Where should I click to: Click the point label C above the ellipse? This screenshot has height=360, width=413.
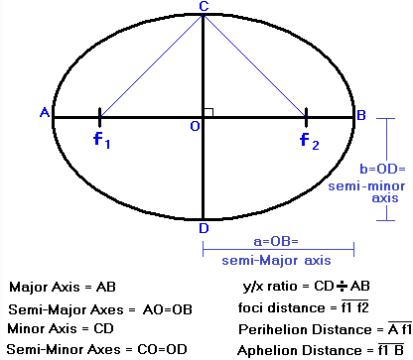pyautogui.click(x=204, y=6)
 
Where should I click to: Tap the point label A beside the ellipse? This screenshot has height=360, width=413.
pyautogui.click(x=45, y=112)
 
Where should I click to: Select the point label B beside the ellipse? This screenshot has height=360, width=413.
pyautogui.click(x=361, y=115)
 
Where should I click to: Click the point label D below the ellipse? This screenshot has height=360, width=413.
pyautogui.click(x=204, y=228)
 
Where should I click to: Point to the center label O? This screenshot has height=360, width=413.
pyautogui.click(x=195, y=126)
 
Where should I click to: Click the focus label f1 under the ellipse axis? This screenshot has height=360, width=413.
pyautogui.click(x=101, y=140)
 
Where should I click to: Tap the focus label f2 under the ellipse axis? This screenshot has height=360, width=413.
pyautogui.click(x=310, y=141)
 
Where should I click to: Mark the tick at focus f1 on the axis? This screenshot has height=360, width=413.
pyautogui.click(x=100, y=117)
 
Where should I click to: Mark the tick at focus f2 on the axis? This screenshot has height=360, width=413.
pyautogui.click(x=306, y=117)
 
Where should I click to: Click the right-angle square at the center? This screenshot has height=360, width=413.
pyautogui.click(x=208, y=112)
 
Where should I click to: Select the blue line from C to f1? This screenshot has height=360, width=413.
pyautogui.click(x=152, y=66)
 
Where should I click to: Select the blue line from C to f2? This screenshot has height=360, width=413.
pyautogui.click(x=254, y=66)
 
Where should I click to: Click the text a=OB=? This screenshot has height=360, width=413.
pyautogui.click(x=276, y=241)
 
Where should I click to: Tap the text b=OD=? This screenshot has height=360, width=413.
pyautogui.click(x=382, y=169)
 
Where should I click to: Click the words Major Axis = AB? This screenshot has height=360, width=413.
pyautogui.click(x=63, y=287)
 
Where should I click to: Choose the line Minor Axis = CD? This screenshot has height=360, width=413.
pyautogui.click(x=61, y=329)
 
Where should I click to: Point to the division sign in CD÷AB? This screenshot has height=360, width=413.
pyautogui.click(x=342, y=287)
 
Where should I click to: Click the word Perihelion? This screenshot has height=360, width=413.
pyautogui.click(x=272, y=329)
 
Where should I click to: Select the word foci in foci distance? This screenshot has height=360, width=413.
pyautogui.click(x=250, y=307)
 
